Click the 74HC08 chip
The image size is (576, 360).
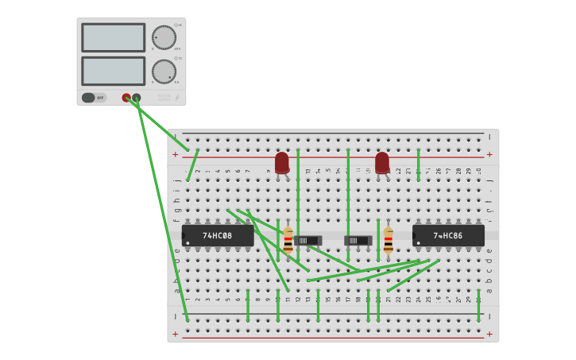tap(218, 236)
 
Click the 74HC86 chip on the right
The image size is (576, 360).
tap(448, 236)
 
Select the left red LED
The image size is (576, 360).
tap(282, 163)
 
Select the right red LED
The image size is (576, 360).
tap(382, 163)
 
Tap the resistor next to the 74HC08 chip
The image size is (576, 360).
tap(288, 240)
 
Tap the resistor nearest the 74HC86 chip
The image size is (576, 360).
tap(388, 240)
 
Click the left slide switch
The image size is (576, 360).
tap(307, 240)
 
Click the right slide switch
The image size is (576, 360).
tap(358, 240)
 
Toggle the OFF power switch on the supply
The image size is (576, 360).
tap(94, 98)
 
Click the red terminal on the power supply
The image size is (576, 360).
tap(126, 98)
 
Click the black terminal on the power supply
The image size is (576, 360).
tap(137, 98)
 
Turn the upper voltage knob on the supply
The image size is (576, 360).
tap(164, 38)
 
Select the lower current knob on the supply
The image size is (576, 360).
tap(164, 72)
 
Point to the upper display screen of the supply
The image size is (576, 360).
tap(113, 37)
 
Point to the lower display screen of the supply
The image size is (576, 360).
tap(113, 71)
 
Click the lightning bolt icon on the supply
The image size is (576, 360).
tap(176, 98)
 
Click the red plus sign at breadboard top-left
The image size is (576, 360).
tap(176, 154)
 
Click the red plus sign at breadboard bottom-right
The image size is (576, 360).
tap(489, 335)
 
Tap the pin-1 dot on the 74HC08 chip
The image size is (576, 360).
tap(188, 242)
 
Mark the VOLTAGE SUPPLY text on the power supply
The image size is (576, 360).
tap(164, 98)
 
